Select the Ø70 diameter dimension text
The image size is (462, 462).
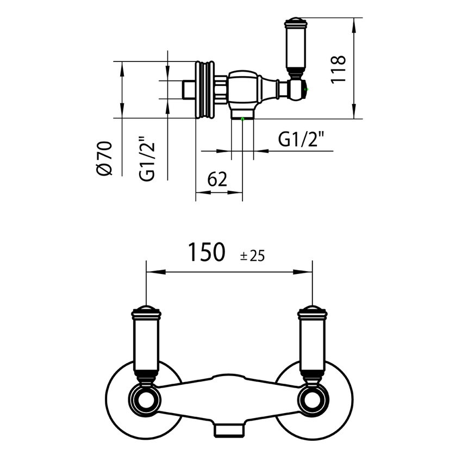pos(103,158)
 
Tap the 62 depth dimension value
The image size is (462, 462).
pos(217,180)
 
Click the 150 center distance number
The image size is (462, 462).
pos(206,253)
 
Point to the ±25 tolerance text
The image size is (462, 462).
pos(252,255)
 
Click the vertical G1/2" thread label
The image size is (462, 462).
pos(147,158)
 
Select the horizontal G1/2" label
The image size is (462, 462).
pos(301,140)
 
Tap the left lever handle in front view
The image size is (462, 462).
pos(146,342)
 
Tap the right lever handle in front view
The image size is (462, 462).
pos(312,342)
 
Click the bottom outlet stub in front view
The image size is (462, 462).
pos(229,430)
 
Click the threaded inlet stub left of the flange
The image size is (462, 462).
pos(189,90)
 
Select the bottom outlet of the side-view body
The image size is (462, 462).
pos(242,115)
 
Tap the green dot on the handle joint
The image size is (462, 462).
pos(306,89)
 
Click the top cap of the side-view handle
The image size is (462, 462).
pos(295,22)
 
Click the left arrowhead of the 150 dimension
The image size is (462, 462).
pos(150,271)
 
